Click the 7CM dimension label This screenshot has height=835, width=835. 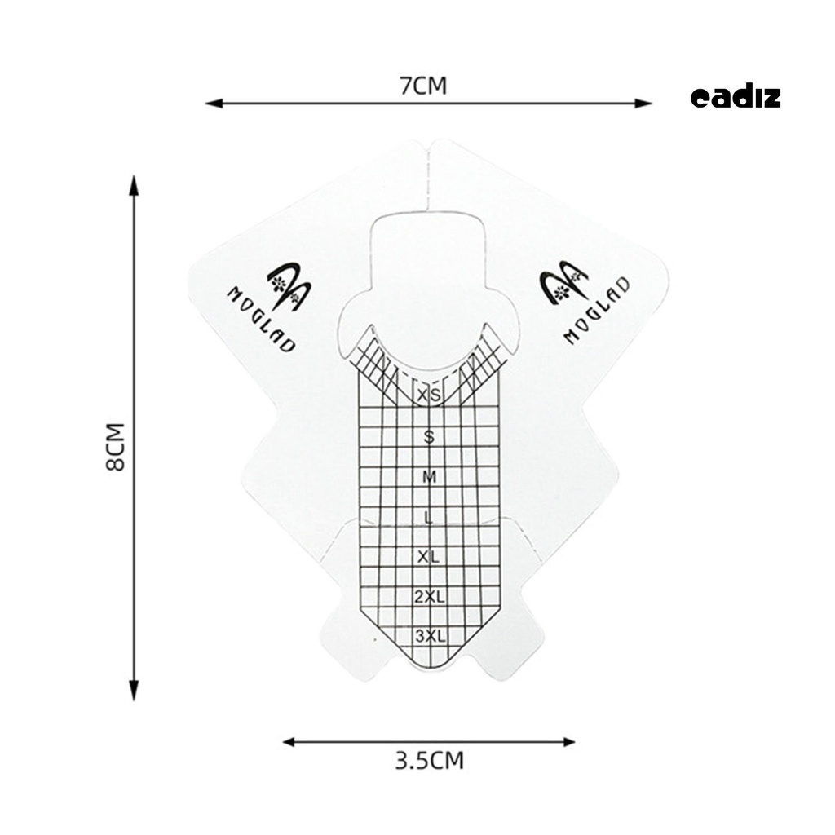423,86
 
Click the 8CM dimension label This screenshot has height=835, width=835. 116,447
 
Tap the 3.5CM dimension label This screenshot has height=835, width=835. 429,761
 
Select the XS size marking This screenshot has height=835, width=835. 429,395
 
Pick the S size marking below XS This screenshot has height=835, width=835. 429,437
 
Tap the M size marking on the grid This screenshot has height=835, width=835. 429,477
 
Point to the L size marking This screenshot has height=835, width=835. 427,517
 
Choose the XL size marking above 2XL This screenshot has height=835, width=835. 428,557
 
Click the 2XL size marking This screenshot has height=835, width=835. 429,597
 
